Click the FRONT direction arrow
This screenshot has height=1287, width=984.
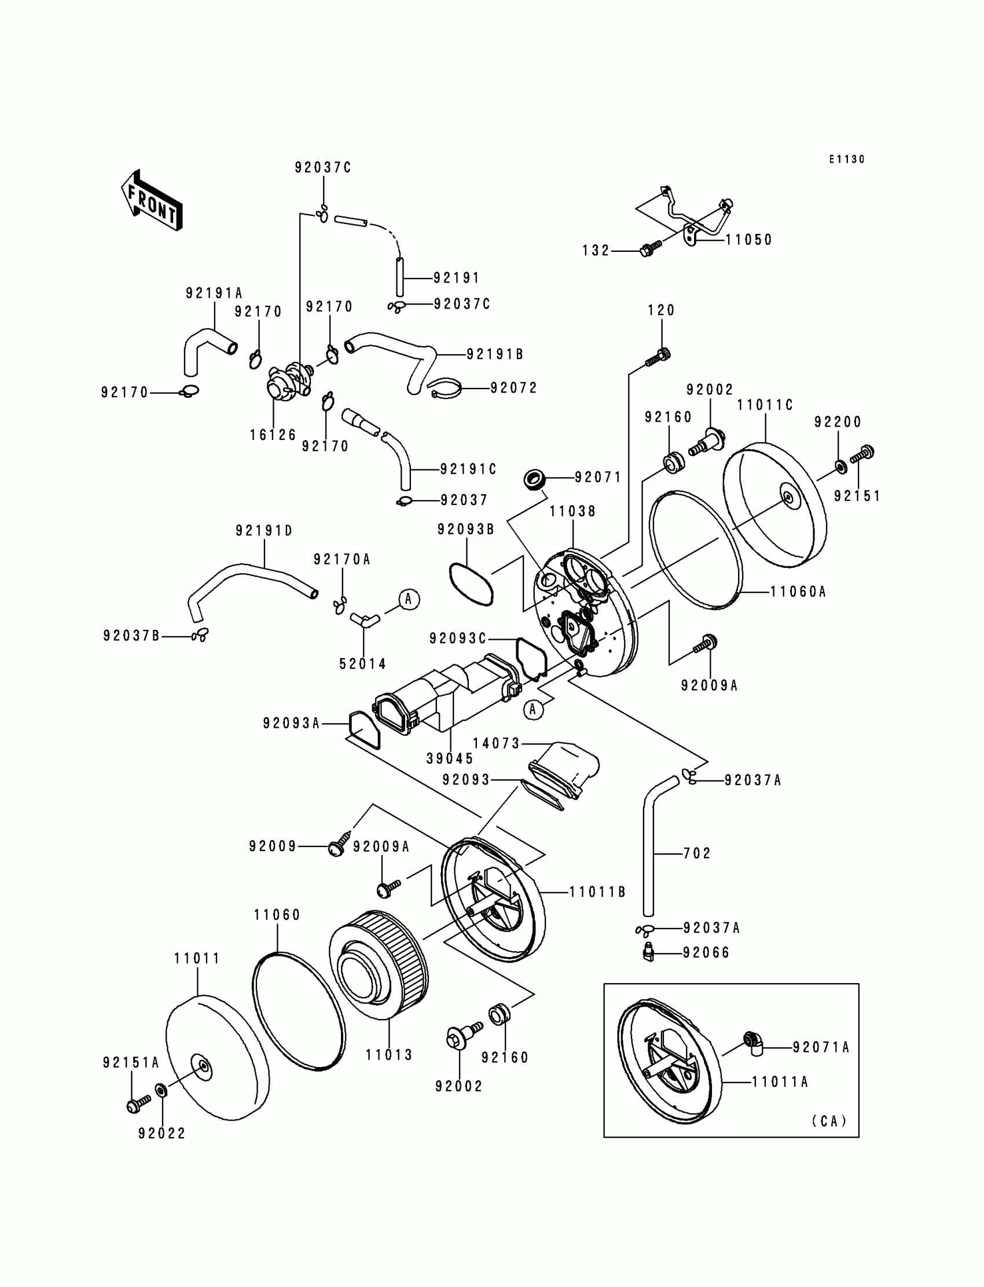pos(152,200)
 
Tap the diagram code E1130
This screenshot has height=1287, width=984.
pos(846,159)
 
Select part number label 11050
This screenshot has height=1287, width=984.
pos(749,240)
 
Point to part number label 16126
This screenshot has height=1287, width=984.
pos(274,435)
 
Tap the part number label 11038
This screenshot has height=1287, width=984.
pos(573,511)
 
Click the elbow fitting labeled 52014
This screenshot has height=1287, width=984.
pos(364,619)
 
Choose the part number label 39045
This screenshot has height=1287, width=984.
pos(450,758)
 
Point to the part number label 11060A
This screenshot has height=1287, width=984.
pos(798,592)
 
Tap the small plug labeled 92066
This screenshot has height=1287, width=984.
pos(648,951)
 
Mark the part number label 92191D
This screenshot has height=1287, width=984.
pos(264,531)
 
